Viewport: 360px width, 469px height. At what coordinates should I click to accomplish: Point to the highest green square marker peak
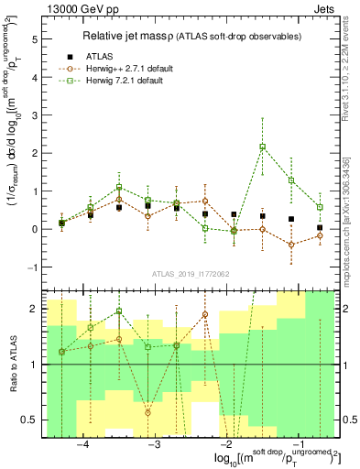263,147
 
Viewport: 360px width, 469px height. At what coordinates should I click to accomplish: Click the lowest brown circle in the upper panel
291,245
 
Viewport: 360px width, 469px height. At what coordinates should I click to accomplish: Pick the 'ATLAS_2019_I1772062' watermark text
191,274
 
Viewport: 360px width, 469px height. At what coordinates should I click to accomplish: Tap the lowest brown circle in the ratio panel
148,412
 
